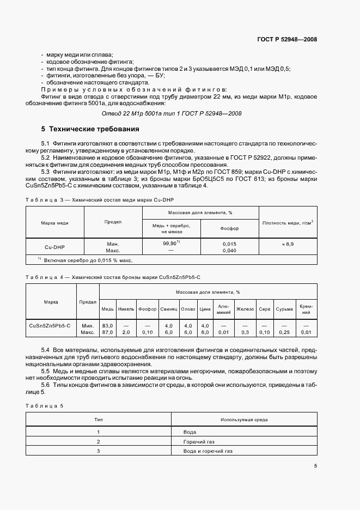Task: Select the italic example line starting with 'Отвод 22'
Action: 172,113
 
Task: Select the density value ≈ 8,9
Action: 288,244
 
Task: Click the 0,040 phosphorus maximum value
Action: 229,251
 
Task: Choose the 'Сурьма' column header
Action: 284,309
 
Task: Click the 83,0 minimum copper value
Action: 107,325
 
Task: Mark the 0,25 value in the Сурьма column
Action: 284,332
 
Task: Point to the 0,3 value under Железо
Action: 245,332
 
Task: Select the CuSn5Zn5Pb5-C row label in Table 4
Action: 50,325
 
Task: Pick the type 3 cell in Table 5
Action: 99,451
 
